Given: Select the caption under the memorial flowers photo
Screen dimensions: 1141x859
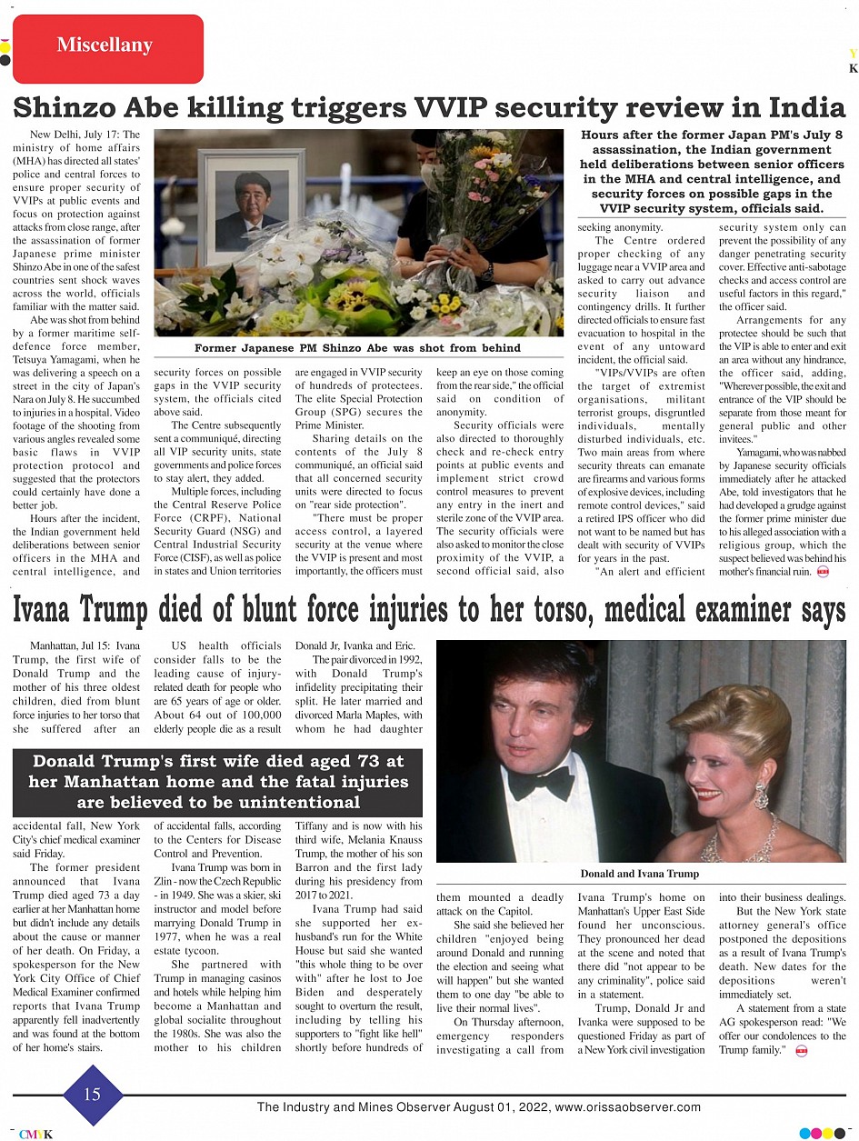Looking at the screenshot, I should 357,348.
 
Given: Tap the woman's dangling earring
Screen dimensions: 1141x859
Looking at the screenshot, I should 760,794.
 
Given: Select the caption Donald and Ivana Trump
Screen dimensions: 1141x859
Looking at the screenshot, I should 640,874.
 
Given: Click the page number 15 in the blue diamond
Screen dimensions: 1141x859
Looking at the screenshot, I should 93,1095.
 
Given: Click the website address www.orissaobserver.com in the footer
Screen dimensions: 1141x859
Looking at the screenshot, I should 627,1107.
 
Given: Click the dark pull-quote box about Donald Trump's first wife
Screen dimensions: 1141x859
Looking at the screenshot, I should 217,782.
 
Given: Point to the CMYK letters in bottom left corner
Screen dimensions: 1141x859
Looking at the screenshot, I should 35,1134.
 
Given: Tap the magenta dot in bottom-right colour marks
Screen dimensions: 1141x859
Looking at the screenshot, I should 828,1134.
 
